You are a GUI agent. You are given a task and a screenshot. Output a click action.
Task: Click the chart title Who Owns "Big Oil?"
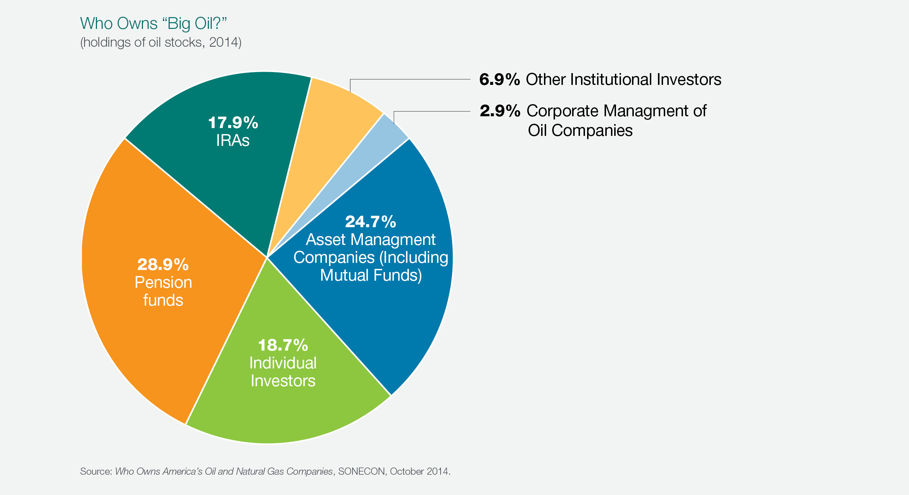click(153, 24)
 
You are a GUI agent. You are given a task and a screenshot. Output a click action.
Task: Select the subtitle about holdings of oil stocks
click(161, 42)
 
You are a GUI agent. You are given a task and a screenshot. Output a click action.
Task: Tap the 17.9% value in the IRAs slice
click(233, 123)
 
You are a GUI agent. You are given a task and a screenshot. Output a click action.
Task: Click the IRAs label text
click(233, 140)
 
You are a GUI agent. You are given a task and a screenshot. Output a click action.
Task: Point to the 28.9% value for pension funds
click(163, 265)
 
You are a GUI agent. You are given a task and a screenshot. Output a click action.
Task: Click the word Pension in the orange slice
click(163, 282)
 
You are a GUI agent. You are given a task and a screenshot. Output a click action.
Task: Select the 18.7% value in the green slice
click(283, 345)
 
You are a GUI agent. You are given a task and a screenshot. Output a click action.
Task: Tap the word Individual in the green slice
click(283, 363)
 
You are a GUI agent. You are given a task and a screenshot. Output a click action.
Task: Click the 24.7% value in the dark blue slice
click(370, 222)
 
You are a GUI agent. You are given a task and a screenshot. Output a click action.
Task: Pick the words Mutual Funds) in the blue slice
click(371, 275)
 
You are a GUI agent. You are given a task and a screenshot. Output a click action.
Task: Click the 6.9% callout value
click(499, 80)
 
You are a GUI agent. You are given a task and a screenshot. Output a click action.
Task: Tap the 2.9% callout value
click(500, 111)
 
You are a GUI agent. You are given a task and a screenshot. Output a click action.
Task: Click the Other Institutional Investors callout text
click(623, 80)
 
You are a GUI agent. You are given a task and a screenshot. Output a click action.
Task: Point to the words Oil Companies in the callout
click(580, 131)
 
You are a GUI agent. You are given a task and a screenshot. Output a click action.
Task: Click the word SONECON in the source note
click(361, 471)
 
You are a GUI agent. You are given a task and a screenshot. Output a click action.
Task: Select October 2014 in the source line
click(420, 471)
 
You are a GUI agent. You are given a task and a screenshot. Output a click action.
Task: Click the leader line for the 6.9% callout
click(410, 79)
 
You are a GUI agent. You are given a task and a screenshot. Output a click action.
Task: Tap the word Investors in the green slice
click(283, 381)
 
